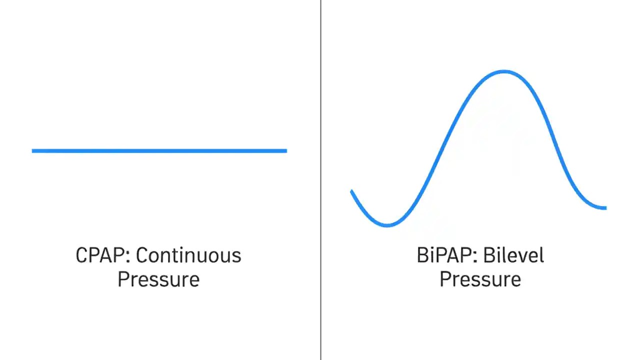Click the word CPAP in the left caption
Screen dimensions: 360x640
click(x=102, y=255)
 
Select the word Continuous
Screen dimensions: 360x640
click(x=188, y=255)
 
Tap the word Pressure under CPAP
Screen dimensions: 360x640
click(x=158, y=279)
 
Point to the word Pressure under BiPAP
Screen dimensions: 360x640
click(x=480, y=279)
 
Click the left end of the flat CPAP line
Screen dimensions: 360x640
click(x=33, y=150)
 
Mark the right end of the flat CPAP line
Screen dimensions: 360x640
click(x=285, y=150)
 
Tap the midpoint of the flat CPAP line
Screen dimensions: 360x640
click(x=159, y=150)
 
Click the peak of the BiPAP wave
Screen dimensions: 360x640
click(x=503, y=72)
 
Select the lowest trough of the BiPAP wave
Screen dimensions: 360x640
click(x=387, y=225)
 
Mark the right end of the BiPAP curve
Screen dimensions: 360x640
click(x=605, y=207)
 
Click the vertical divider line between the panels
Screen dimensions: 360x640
click(x=320, y=180)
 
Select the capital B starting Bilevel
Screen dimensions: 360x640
click(x=489, y=255)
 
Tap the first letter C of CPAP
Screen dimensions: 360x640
click(x=81, y=255)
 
